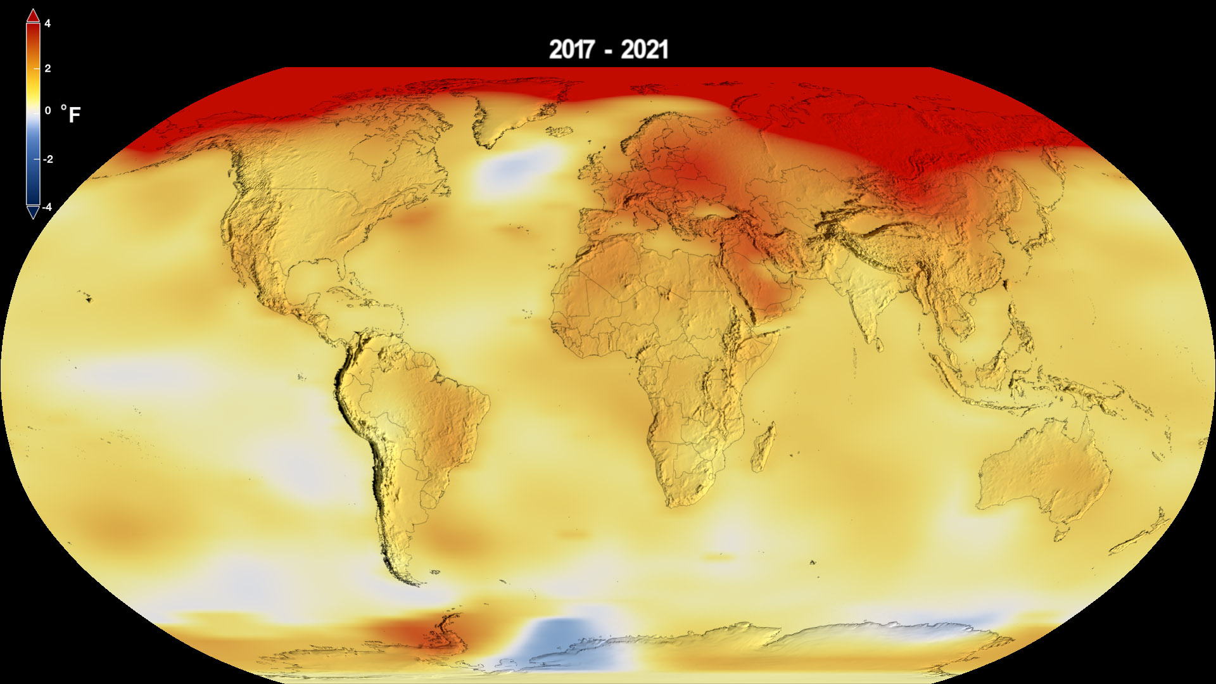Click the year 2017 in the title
pyautogui.click(x=572, y=49)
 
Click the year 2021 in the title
pyautogui.click(x=644, y=49)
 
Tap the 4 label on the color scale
pyautogui.click(x=47, y=24)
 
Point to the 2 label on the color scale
pyautogui.click(x=47, y=68)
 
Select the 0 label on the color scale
pyautogui.click(x=47, y=111)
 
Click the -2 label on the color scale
pyautogui.click(x=47, y=159)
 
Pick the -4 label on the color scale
pyautogui.click(x=47, y=207)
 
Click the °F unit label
pyautogui.click(x=71, y=115)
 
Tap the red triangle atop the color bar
pyautogui.click(x=33, y=15)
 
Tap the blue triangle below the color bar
pyautogui.click(x=33, y=212)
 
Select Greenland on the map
pyautogui.click(x=507, y=108)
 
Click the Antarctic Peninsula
pyautogui.click(x=443, y=630)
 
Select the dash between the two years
pyautogui.click(x=608, y=51)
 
